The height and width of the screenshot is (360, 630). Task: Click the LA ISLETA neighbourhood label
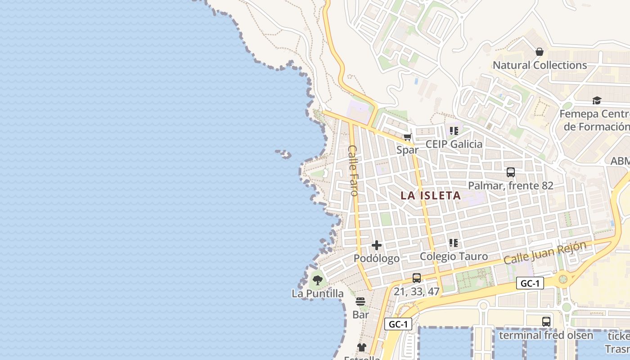tap(431, 195)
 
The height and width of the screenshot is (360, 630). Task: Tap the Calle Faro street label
tap(354, 170)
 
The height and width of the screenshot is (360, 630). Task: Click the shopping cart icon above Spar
tap(407, 137)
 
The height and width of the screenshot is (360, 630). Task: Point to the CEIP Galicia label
tap(454, 144)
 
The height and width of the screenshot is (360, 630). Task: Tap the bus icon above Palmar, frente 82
tap(510, 172)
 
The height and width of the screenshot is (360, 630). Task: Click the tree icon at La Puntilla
tap(317, 280)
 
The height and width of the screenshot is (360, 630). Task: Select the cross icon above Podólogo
tap(377, 245)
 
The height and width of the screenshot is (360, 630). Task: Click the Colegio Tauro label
tap(454, 256)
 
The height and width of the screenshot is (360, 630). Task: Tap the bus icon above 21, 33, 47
tap(417, 278)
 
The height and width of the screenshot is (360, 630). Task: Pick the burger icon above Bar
tap(360, 301)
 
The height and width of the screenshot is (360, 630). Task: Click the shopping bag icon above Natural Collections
tap(540, 52)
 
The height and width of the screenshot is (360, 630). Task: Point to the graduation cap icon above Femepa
tap(597, 100)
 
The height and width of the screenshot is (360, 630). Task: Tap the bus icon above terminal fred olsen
tap(546, 321)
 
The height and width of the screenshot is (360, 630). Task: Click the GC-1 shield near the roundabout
tap(530, 283)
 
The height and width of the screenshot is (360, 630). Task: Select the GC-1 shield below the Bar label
tap(398, 324)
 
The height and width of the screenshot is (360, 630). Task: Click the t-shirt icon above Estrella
tap(362, 347)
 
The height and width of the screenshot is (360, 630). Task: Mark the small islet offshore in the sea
tap(283, 154)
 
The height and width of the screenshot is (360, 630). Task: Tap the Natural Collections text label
tap(540, 65)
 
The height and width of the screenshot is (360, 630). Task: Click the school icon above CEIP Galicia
tap(454, 131)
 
